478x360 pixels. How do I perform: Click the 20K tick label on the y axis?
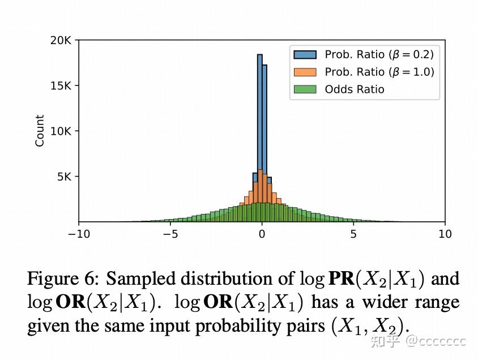[x=60, y=41]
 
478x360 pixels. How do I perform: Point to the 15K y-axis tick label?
[x=60, y=86]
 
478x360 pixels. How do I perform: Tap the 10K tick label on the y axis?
[x=60, y=131]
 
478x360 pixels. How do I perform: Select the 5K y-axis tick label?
[x=62, y=177]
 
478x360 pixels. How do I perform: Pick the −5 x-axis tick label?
[x=168, y=234]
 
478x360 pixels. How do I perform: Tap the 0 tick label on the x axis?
[x=262, y=234]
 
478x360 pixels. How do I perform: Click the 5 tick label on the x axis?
[x=353, y=234]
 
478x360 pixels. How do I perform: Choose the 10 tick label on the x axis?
[x=445, y=234]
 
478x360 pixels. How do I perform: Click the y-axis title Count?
[x=40, y=131]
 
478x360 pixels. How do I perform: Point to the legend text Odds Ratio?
[x=355, y=89]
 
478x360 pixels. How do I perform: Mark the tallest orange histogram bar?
[x=259, y=187]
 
